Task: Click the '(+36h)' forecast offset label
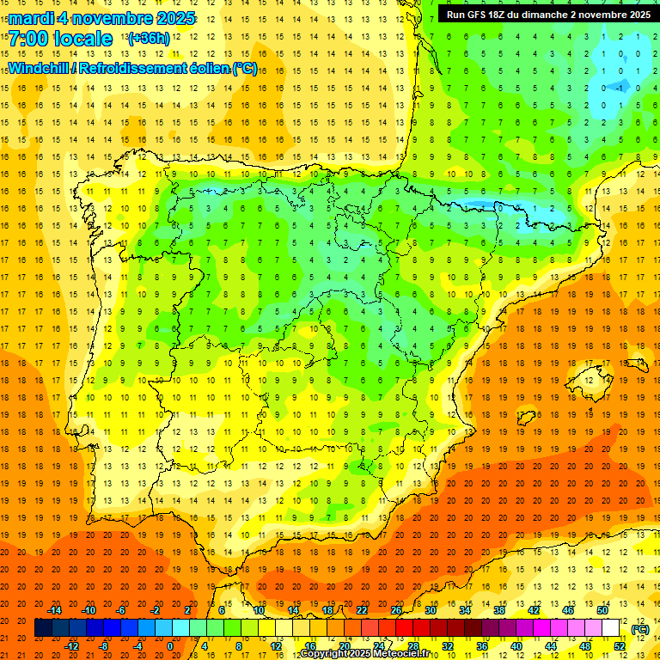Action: [x=148, y=39]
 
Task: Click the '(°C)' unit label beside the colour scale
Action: [x=639, y=629]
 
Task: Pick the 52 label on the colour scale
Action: [x=620, y=645]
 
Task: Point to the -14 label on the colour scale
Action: [x=54, y=610]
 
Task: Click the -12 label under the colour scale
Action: [x=71, y=645]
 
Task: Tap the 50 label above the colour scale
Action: [x=602, y=610]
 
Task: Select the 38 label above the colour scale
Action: [x=498, y=610]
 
